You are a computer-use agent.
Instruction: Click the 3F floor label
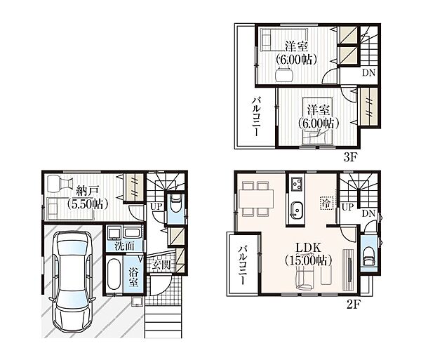[349, 158]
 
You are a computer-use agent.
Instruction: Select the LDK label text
[308, 248]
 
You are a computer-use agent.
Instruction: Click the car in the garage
[72, 281]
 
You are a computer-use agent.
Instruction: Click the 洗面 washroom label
[124, 246]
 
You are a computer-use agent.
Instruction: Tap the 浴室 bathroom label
[133, 277]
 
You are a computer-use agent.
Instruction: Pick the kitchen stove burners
[297, 184]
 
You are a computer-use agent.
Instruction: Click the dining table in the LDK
[256, 199]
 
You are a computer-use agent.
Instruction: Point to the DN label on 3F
[368, 72]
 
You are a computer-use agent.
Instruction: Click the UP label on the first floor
[156, 207]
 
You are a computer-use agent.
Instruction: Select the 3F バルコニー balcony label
[256, 117]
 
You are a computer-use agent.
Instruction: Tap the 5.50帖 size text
[88, 204]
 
